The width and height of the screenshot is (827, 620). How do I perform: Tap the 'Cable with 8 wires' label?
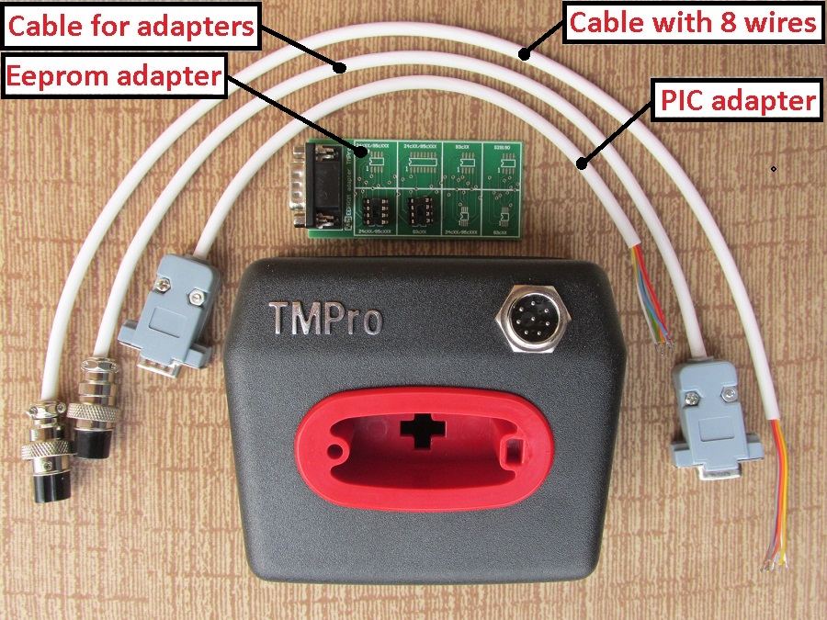point(693,23)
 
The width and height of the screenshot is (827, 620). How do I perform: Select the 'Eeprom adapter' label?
point(114,76)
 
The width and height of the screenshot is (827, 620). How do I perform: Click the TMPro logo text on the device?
point(325,317)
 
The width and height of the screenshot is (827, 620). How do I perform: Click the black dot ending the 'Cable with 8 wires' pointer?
point(526,53)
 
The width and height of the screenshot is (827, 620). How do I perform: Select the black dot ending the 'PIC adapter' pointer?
point(580,164)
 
